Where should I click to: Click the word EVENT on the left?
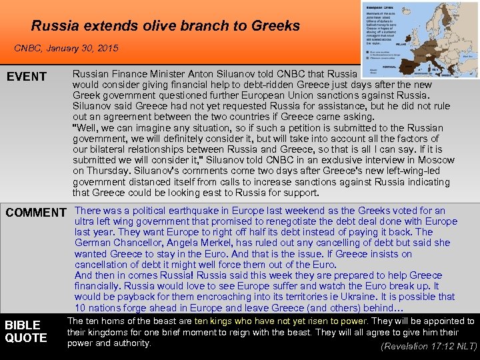click(x=27, y=77)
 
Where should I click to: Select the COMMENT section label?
click(x=36, y=213)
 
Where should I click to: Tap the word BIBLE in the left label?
click(x=23, y=325)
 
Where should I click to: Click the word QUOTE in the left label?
click(x=26, y=338)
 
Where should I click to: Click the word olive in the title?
click(x=163, y=26)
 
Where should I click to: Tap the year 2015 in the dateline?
click(x=107, y=49)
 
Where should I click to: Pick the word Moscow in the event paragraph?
click(x=436, y=160)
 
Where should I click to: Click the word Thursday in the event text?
click(x=108, y=171)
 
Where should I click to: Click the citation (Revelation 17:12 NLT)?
click(x=428, y=346)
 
